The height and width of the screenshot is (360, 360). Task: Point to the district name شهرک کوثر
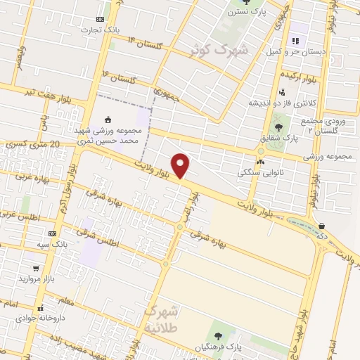[219, 49]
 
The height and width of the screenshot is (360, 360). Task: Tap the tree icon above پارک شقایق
[279, 127]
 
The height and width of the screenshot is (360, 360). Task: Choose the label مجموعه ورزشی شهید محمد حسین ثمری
[107, 136]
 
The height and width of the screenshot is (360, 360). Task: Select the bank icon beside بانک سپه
[52, 233]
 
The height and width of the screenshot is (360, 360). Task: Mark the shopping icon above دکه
[321, 226]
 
